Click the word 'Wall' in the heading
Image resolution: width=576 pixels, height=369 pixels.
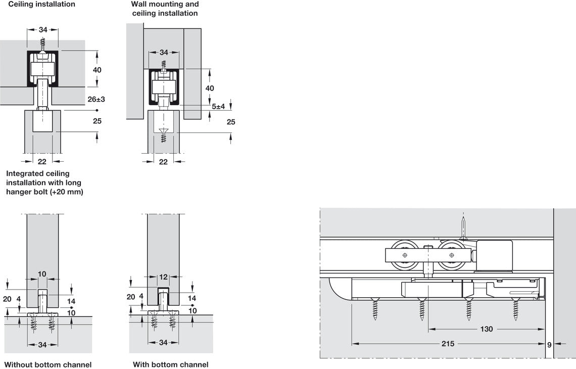(x=139, y=4)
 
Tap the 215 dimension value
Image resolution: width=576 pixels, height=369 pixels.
(x=447, y=344)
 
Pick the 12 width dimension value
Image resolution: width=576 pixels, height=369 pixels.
(x=162, y=276)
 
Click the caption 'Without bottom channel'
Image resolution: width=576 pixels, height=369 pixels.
(x=48, y=364)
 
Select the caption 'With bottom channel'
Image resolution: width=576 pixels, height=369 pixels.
(x=170, y=364)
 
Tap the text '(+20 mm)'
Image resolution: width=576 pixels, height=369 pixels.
(x=67, y=192)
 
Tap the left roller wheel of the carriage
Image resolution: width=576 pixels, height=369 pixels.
(x=405, y=256)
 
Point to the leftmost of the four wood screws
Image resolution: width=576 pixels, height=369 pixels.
(x=375, y=309)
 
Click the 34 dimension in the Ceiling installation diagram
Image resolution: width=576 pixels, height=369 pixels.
(x=42, y=30)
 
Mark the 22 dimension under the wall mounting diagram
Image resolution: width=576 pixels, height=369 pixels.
(x=163, y=161)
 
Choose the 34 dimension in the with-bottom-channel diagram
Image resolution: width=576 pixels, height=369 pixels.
(x=163, y=343)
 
